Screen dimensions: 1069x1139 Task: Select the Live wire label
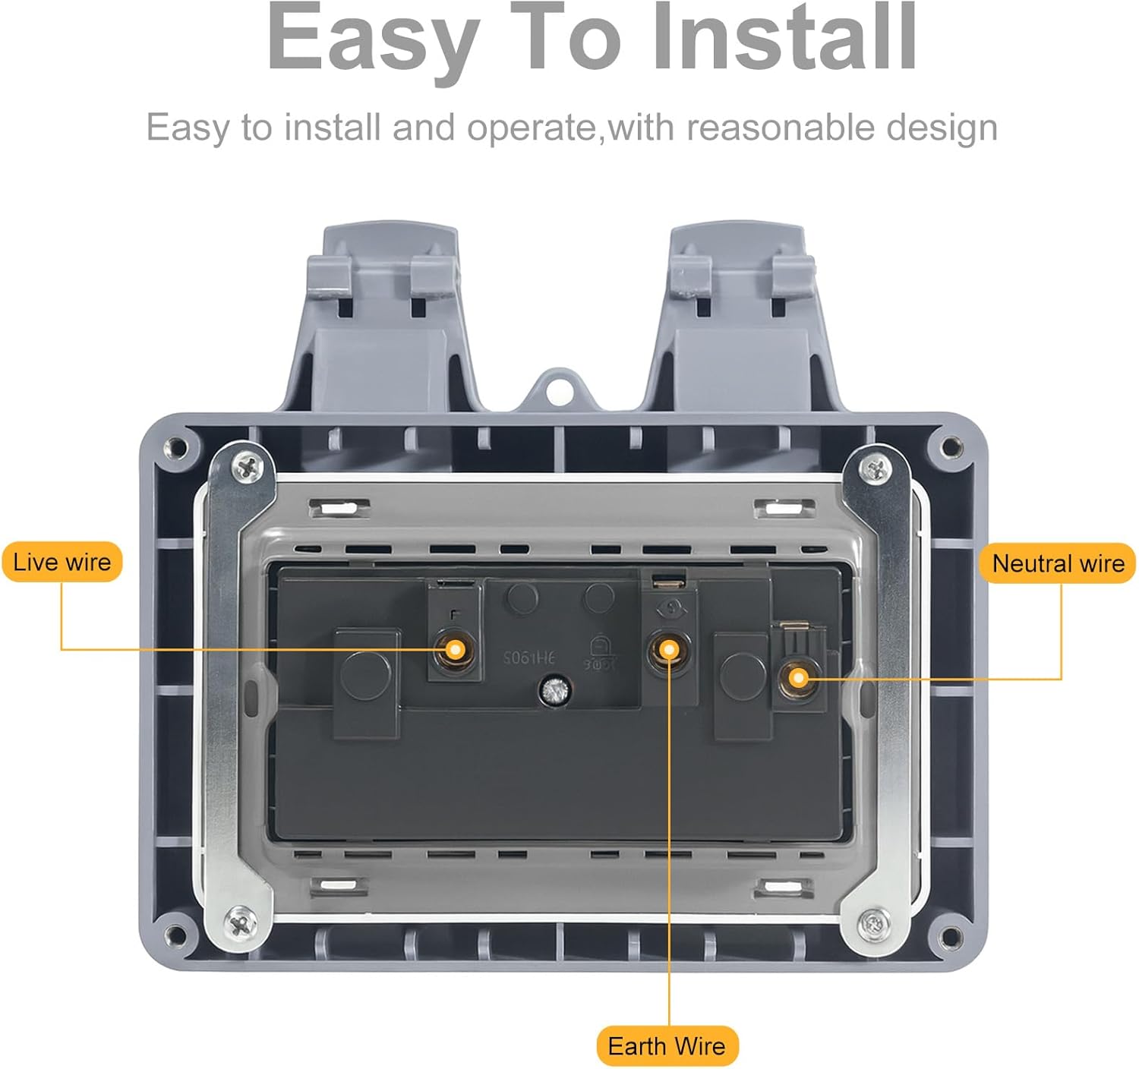[x=62, y=562]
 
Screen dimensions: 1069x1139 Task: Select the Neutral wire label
[x=1058, y=563]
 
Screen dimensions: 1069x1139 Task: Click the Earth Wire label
[x=667, y=1045]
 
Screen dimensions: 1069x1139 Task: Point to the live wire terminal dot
[x=455, y=650]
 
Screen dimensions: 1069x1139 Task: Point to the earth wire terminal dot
[x=669, y=650]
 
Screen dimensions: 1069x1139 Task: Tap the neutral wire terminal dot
[x=798, y=677]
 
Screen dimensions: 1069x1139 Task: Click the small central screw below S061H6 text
[x=554, y=690]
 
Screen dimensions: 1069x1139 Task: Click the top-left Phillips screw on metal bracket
[x=247, y=467]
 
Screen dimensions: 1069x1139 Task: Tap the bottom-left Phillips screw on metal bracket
[x=240, y=923]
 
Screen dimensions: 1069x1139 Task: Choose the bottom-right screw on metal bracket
[x=874, y=923]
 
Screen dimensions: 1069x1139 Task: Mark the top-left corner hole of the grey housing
[x=176, y=447]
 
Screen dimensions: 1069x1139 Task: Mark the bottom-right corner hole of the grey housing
[x=949, y=935]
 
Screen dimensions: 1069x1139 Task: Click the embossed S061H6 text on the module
[x=529, y=657]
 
